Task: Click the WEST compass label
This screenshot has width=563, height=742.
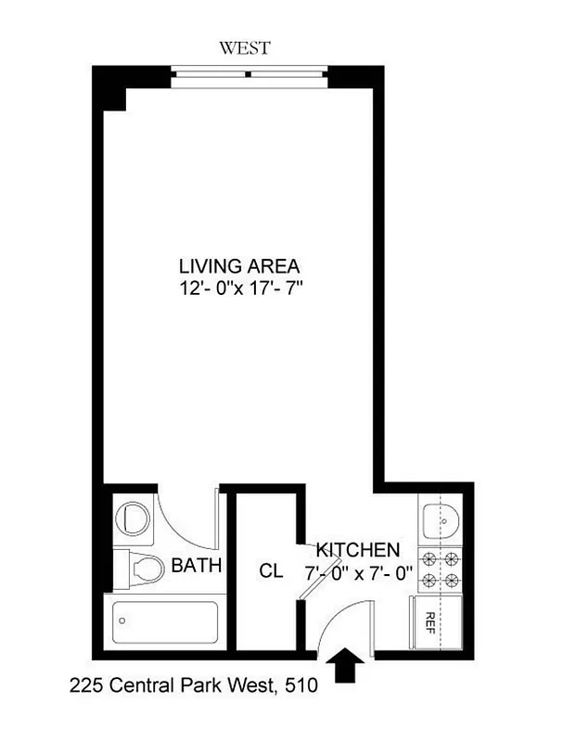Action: click(x=245, y=47)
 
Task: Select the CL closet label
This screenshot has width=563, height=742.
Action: click(x=271, y=571)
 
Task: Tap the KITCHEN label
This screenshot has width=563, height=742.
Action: click(x=358, y=549)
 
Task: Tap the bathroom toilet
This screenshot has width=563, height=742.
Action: click(x=139, y=567)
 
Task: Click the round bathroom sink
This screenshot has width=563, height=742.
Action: click(x=136, y=519)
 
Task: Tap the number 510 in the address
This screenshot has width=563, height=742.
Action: click(x=301, y=687)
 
